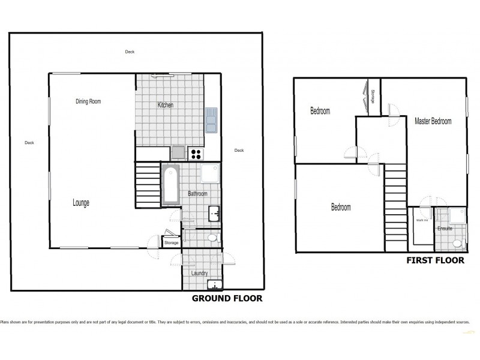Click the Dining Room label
click(88, 101)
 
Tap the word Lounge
click(81, 203)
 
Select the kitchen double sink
click(212, 119)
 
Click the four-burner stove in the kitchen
click(196, 154)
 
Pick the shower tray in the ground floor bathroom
click(211, 174)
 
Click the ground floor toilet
click(211, 239)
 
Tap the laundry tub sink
click(214, 285)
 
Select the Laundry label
click(199, 273)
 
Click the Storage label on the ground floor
click(171, 242)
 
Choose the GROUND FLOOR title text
click(227, 298)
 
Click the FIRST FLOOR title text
click(436, 260)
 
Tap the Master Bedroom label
click(433, 121)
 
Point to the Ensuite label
click(445, 229)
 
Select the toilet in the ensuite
click(458, 244)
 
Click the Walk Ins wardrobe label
click(421, 220)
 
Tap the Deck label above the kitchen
click(130, 52)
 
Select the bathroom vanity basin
click(214, 213)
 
